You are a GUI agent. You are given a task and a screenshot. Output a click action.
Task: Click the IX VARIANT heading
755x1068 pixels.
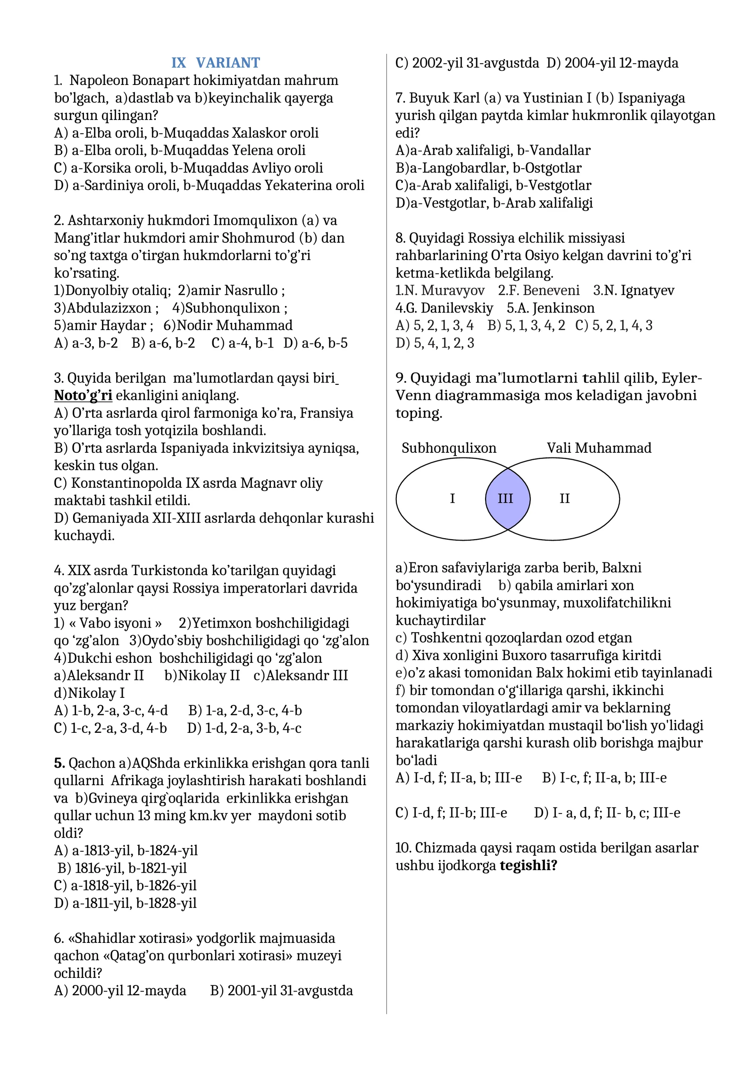215,63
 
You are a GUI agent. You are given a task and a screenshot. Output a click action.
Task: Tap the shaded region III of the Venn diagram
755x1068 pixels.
506,499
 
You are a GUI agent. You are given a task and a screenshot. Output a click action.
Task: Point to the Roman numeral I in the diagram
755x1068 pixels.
452,499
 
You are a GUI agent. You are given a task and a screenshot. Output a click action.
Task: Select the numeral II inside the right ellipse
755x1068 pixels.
564,499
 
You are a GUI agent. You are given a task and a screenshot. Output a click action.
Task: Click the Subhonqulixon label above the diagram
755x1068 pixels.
449,448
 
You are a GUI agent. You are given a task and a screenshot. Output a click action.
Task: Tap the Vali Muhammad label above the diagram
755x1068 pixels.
599,448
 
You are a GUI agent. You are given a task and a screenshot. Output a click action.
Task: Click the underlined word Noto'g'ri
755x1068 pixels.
83,395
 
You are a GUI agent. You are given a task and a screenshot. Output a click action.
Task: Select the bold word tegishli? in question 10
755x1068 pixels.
528,865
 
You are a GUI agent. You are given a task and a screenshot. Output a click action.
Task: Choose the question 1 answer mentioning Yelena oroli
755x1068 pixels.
179,150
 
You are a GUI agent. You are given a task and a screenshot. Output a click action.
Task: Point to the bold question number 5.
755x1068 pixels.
59,763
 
